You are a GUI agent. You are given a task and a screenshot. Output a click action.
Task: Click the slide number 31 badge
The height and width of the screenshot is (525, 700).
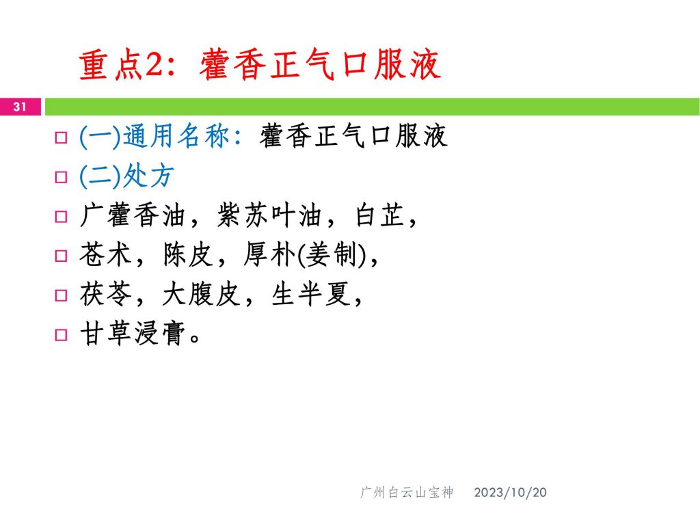coord(21,107)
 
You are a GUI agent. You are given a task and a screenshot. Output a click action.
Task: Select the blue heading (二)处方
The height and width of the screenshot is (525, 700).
coord(126,176)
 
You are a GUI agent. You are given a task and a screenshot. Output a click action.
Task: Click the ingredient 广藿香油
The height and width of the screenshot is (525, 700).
coord(133,215)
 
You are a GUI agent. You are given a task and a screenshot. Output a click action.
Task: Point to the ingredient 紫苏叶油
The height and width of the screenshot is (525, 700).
coord(269,215)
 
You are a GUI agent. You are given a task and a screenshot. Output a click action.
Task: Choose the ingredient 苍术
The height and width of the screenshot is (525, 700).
coord(105,254)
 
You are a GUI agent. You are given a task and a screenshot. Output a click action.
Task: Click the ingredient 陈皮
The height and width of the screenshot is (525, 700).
coord(188,254)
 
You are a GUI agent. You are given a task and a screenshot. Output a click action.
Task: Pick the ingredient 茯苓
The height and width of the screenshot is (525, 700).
coord(106,294)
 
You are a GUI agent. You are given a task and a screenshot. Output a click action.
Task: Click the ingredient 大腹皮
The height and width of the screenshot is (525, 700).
coord(202,294)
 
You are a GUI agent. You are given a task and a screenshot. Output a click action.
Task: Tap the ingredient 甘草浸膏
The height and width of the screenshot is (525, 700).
coord(133,334)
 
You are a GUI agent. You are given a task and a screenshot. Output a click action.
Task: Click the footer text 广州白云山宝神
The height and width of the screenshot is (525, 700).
coord(407,492)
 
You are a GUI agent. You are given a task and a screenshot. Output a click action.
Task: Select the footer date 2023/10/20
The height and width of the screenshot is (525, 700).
coord(510,492)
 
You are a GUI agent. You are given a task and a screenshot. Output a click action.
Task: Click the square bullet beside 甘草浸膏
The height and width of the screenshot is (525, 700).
coord(61,335)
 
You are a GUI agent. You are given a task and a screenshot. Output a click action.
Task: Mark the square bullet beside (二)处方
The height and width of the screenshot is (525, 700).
coord(61,177)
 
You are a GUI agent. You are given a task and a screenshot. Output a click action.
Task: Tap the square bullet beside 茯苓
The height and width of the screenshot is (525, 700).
coord(61,295)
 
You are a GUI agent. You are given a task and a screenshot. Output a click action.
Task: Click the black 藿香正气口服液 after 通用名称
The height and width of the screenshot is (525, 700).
coord(353,136)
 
